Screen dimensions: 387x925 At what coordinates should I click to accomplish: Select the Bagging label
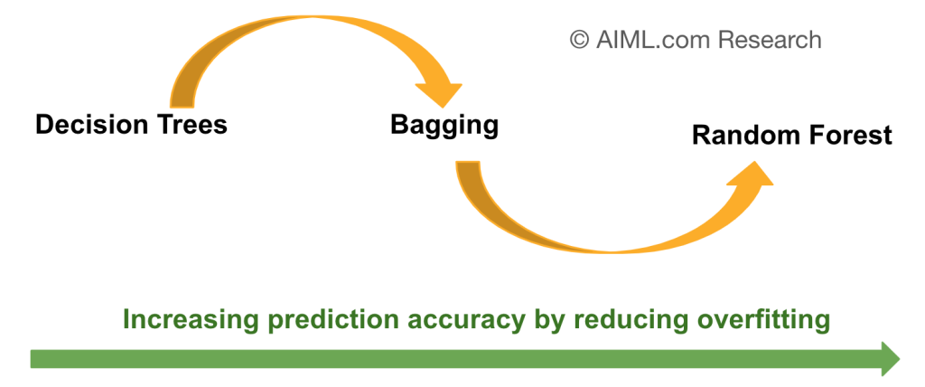point(444,125)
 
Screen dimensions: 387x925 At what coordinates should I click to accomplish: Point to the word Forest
point(851,136)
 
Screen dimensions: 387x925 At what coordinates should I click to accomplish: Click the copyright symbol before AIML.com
point(579,40)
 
